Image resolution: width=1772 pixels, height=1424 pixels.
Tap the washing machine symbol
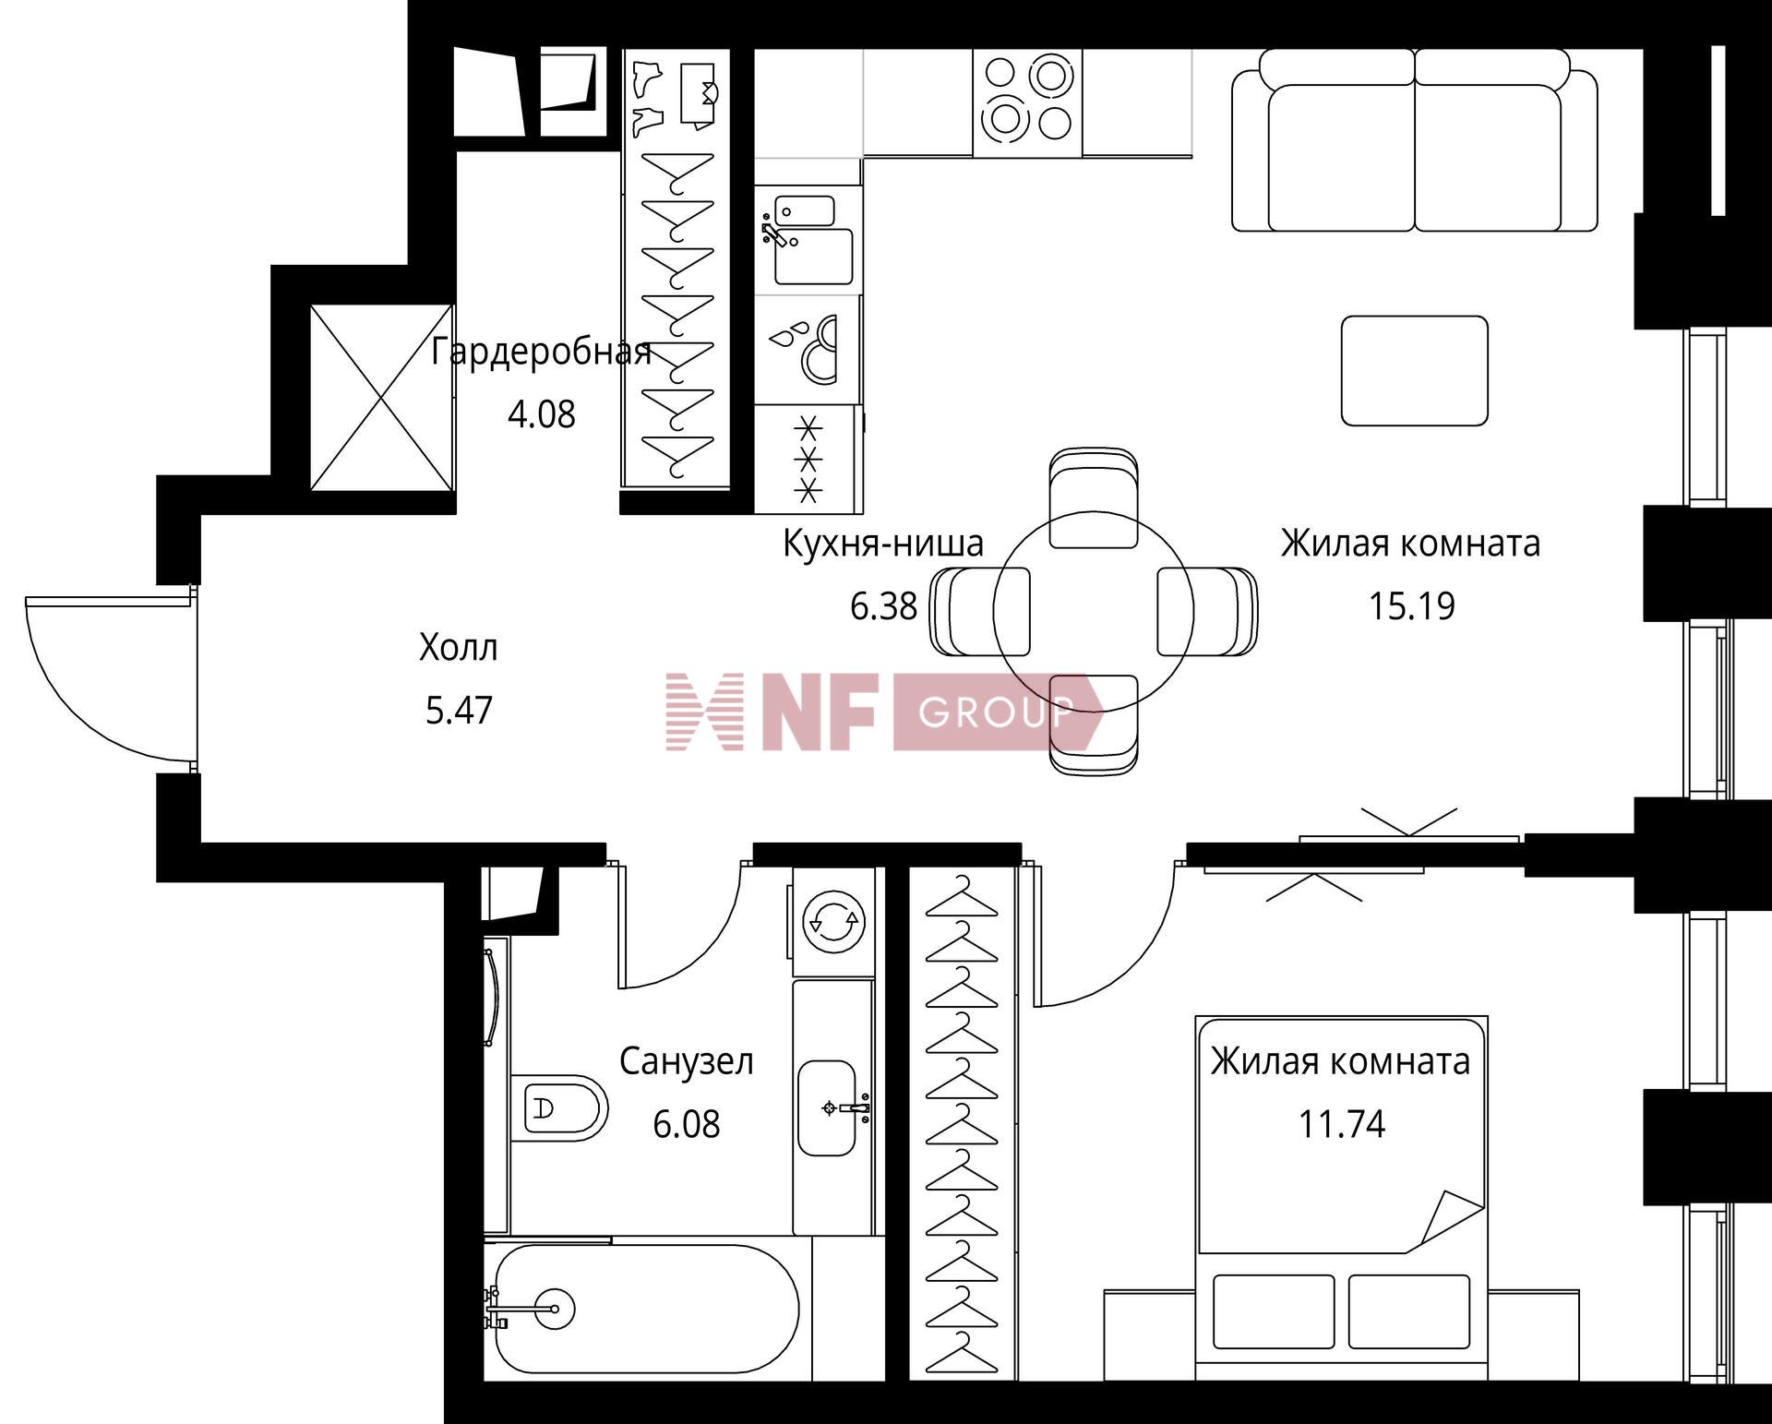832,920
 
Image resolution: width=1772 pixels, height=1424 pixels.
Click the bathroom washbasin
828,1107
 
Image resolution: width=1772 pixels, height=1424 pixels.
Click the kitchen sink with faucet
808,240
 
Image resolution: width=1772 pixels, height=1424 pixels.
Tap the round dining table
1094,611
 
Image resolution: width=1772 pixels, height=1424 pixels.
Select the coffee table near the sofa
1414,370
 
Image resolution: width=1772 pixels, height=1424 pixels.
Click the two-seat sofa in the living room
1415,139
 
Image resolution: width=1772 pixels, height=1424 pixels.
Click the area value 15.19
1411,606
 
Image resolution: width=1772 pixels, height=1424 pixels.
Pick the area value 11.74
1342,1125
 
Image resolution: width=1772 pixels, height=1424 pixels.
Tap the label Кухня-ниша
883,544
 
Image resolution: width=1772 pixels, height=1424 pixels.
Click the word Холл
459,648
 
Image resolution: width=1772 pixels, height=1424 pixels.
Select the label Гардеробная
542,352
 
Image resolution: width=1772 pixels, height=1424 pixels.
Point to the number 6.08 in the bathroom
687,1125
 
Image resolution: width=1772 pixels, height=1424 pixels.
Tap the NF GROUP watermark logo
885,712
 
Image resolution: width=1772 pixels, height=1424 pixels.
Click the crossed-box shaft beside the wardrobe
382,398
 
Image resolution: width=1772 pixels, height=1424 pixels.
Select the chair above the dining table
1094,498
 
